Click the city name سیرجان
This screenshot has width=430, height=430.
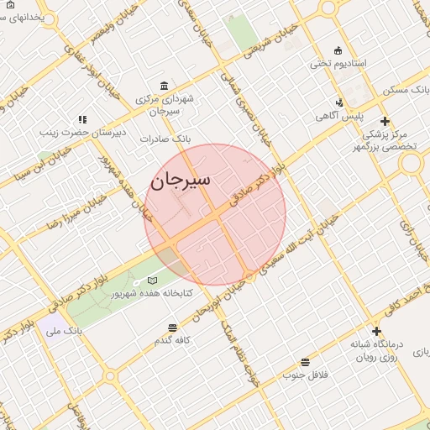click(x=181, y=181)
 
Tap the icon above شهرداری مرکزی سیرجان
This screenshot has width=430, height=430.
click(x=163, y=87)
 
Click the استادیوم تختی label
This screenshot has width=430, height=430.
click(x=335, y=63)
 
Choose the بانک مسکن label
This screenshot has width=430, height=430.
click(x=408, y=88)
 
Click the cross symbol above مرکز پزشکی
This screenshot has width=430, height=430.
click(x=385, y=121)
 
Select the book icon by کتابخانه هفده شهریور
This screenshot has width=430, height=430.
click(x=152, y=281)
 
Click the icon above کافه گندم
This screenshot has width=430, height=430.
click(x=173, y=328)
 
